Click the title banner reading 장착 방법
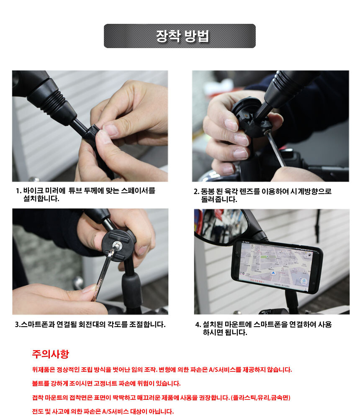pyautogui.click(x=180, y=36)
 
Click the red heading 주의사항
pyautogui.click(x=50, y=354)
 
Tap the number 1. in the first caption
pyautogui.click(x=18, y=191)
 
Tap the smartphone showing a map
pyautogui.click(x=277, y=266)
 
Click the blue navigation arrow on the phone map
pyautogui.click(x=272, y=273)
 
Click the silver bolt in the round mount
pyautogui.click(x=117, y=245)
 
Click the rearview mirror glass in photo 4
pyautogui.click(x=221, y=225)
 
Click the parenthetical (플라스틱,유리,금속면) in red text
pyautogui.click(x=261, y=398)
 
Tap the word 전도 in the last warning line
pyautogui.click(x=38, y=412)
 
